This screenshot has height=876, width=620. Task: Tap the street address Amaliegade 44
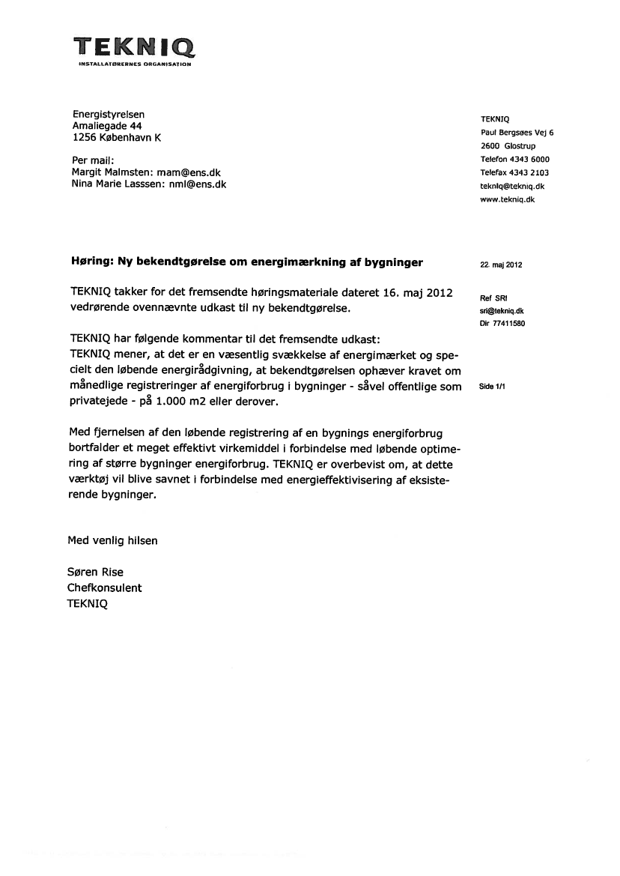tap(107, 126)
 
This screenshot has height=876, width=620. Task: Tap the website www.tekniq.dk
tap(508, 200)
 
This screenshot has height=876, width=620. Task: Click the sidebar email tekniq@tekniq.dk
tap(512, 187)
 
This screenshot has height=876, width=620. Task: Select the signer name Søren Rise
tap(96, 573)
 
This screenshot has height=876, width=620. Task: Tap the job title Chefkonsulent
tap(105, 587)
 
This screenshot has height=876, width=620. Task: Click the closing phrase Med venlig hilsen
tap(113, 540)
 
